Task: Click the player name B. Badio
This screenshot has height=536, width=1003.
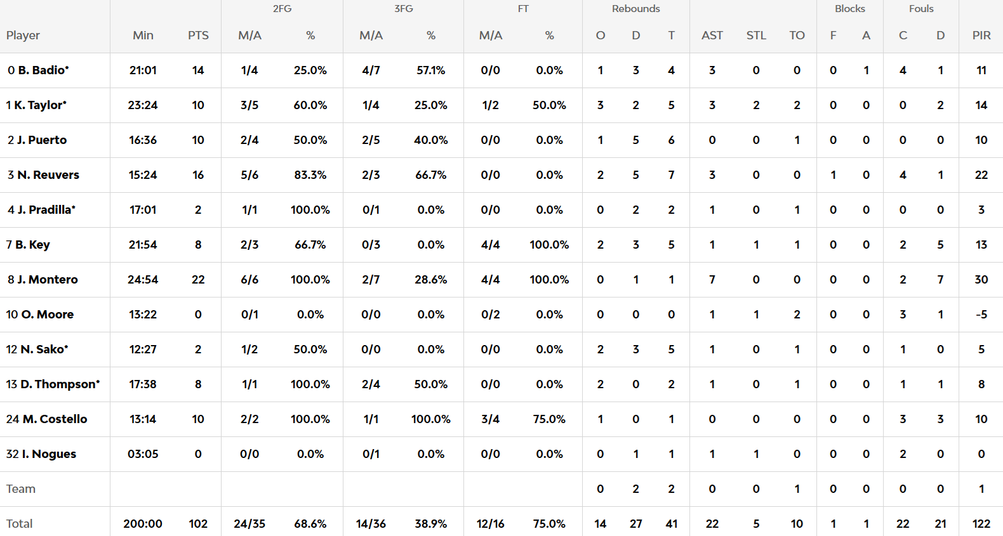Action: click(x=43, y=70)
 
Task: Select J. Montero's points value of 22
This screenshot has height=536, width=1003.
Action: click(x=198, y=280)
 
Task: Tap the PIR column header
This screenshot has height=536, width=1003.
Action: click(x=981, y=36)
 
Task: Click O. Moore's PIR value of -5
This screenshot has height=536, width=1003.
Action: click(x=981, y=315)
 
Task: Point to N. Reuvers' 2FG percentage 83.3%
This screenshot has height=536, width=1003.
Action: click(x=310, y=175)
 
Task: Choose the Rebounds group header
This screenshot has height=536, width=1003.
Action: click(x=635, y=9)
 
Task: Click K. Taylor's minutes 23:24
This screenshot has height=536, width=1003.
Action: click(x=143, y=105)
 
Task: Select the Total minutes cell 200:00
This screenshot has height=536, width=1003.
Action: click(x=143, y=524)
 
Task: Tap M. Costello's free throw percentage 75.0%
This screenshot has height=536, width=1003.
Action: click(x=549, y=419)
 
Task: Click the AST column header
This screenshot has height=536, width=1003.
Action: click(x=712, y=36)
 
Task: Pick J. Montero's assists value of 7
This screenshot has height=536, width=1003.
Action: click(x=712, y=280)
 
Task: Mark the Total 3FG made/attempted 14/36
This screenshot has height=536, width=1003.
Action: click(x=371, y=524)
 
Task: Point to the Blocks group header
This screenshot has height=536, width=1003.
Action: click(x=849, y=9)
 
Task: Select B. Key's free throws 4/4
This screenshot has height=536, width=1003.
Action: click(x=490, y=245)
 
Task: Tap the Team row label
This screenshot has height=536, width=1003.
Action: click(x=21, y=489)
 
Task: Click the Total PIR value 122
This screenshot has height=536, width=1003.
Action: click(x=981, y=524)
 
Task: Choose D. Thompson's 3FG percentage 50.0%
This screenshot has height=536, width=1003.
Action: click(x=430, y=384)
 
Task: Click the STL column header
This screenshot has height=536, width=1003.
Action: click(x=755, y=36)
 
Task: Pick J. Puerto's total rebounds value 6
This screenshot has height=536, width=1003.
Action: click(x=671, y=140)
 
